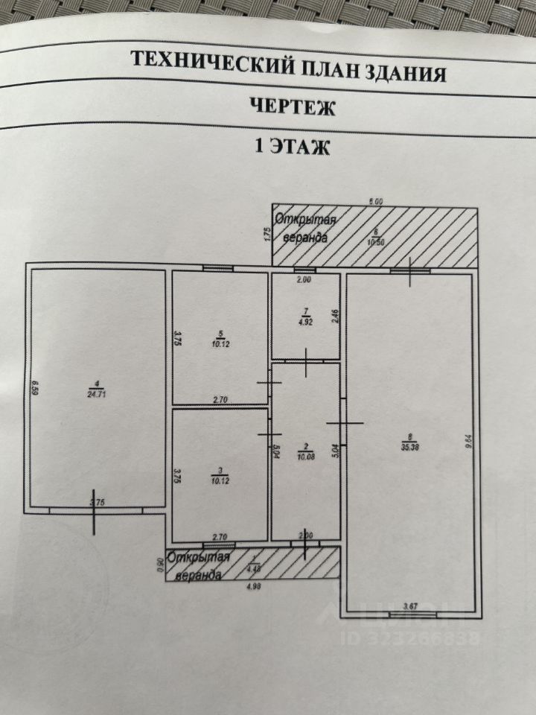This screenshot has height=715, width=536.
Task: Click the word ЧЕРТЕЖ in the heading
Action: [291, 107]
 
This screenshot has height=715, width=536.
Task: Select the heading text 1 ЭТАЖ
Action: [292, 147]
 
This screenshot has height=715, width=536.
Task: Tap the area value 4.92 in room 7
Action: [304, 322]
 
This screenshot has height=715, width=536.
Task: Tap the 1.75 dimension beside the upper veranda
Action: [266, 235]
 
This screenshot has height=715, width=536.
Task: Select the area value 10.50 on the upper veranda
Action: [376, 241]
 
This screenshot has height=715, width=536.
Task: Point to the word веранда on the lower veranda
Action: [197, 575]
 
